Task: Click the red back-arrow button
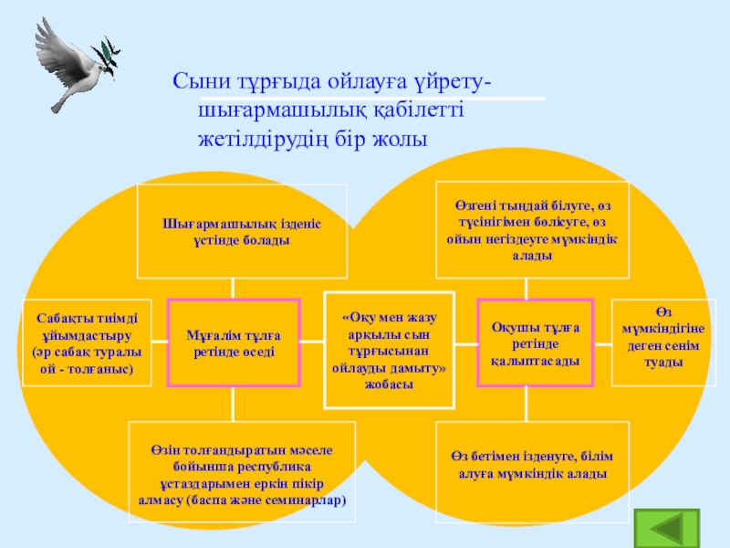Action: [x=671, y=527]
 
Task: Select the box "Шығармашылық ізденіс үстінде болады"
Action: [x=242, y=231]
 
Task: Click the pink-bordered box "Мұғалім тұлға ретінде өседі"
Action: [x=234, y=343]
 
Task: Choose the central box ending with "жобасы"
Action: [x=390, y=350]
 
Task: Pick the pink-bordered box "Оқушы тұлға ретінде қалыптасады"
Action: [x=536, y=343]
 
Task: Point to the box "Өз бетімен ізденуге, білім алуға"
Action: [x=533, y=465]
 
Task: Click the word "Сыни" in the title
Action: [x=196, y=83]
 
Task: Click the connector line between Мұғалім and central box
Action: [x=312, y=343]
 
